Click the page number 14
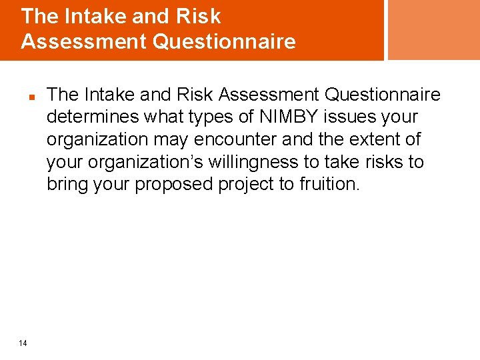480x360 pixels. click(23, 343)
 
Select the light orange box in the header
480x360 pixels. click(433, 29)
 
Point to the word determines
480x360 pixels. click(89, 117)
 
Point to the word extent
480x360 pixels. click(375, 139)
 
